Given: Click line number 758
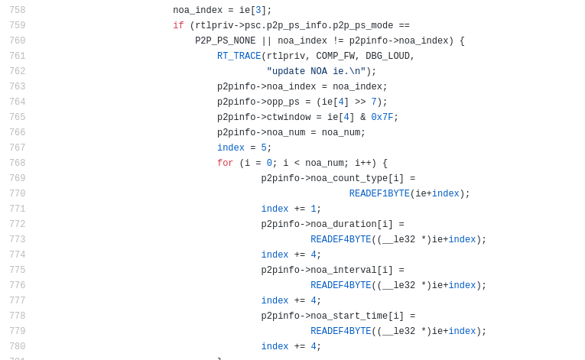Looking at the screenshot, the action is tap(17, 10).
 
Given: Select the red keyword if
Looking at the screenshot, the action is tap(178, 25).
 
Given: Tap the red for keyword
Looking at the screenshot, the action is tap(226, 163).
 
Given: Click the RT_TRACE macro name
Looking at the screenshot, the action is tap(239, 56).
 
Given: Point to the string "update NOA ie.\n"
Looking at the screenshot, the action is tap(316, 71).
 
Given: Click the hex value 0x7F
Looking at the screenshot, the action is tap(382, 117).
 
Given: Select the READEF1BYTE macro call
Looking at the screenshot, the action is tap(379, 193).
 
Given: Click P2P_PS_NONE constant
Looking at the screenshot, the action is tap(226, 41).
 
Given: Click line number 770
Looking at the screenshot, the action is tap(17, 193).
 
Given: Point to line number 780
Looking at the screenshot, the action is tap(17, 346).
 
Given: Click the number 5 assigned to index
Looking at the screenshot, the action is tap(264, 148).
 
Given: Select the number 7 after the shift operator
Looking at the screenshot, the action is tap(374, 102).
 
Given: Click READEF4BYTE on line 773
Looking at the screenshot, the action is tap(341, 239).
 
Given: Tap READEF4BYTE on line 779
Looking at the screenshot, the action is tap(341, 331).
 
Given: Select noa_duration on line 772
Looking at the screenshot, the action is tap(343, 224).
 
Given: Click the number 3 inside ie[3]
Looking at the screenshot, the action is tap(258, 10).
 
